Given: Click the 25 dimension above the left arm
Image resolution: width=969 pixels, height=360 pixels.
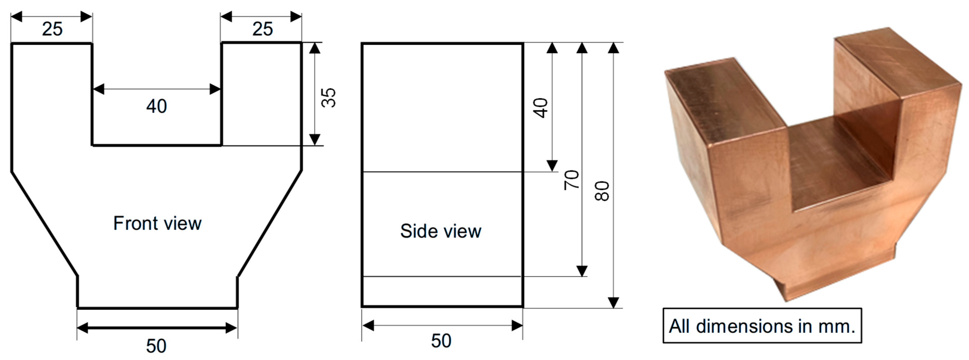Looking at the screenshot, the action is (x=52, y=29).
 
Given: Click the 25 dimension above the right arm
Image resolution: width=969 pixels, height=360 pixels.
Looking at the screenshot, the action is (x=263, y=29).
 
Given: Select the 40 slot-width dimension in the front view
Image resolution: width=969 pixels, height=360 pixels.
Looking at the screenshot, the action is (x=157, y=106).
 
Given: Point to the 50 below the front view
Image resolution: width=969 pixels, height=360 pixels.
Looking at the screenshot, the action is (x=156, y=346).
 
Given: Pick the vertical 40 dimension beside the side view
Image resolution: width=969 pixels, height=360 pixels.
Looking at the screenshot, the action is (x=540, y=108).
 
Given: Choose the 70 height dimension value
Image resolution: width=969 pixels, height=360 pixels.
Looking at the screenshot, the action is (x=571, y=180).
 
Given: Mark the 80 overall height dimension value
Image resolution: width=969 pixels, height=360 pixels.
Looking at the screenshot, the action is (x=602, y=191).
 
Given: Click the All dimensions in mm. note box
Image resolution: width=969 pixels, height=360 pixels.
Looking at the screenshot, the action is (x=762, y=326).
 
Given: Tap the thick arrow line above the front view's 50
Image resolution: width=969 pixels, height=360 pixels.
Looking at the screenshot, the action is (x=157, y=328).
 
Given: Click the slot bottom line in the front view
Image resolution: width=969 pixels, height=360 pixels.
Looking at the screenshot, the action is (x=157, y=145).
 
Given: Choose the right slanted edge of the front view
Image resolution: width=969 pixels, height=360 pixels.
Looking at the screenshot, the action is (x=270, y=223).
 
